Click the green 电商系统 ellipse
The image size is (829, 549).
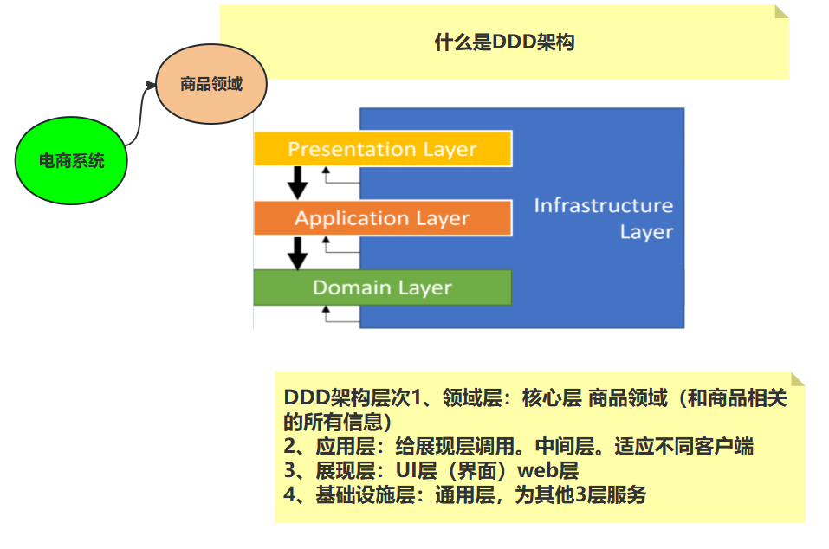(x=71, y=160)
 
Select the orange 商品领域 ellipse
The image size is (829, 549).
(x=211, y=85)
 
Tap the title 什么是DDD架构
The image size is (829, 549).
(x=504, y=42)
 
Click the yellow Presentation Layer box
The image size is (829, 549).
(x=382, y=149)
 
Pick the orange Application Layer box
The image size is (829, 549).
(x=382, y=218)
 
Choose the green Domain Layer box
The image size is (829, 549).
(x=382, y=287)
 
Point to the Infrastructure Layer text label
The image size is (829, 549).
(x=604, y=218)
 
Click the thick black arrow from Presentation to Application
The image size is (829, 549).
(x=298, y=183)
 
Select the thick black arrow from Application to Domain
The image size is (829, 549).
(x=298, y=253)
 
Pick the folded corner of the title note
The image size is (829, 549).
(x=781, y=11)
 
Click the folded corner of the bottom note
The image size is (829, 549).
(x=798, y=379)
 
